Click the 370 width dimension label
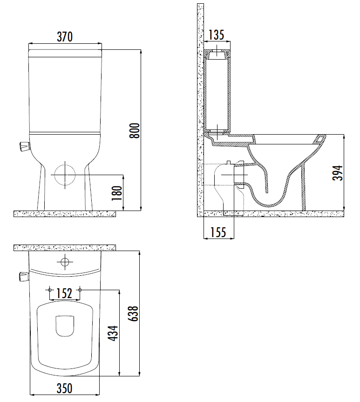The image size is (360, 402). [65, 37]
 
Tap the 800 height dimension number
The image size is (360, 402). [134, 131]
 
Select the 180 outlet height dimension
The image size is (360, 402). [117, 193]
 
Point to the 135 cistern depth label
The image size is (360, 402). [216, 35]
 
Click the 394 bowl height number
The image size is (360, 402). [338, 173]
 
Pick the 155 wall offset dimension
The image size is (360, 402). [218, 232]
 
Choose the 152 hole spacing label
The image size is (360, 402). [64, 293]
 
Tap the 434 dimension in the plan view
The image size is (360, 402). [113, 333]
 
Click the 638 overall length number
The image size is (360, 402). [133, 313]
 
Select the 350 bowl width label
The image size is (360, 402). [64, 388]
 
